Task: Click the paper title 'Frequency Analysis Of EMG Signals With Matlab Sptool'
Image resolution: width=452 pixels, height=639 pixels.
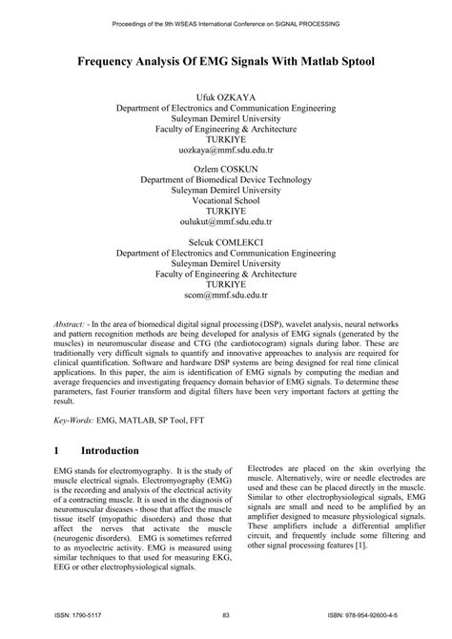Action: tap(225, 60)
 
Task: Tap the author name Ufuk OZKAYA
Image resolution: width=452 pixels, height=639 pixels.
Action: tap(225, 97)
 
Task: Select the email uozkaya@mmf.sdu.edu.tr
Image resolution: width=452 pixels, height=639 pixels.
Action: tap(225, 151)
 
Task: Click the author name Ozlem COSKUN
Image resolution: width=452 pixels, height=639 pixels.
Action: tap(225, 165)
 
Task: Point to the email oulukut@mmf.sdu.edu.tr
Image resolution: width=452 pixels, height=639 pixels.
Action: tap(225, 217)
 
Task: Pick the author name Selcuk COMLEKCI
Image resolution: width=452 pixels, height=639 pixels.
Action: tap(225, 232)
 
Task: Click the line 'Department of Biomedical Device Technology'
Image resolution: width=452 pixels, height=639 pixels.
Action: tap(225, 178)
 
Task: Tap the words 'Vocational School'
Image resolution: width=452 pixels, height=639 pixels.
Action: tap(225, 204)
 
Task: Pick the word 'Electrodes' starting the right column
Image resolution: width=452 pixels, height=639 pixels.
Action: tap(269, 470)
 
